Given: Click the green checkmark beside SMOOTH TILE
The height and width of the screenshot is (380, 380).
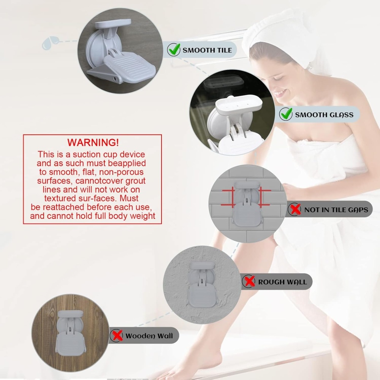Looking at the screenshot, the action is click(x=174, y=49).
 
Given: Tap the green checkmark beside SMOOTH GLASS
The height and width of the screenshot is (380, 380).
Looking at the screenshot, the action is click(x=286, y=114).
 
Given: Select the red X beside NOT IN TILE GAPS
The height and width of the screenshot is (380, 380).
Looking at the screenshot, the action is click(x=295, y=209).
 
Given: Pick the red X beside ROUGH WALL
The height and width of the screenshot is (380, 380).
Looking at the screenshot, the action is click(x=249, y=281).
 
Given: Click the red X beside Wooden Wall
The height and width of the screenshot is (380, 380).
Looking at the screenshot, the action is click(x=117, y=336).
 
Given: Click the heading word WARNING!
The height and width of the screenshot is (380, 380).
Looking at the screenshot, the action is click(x=93, y=142).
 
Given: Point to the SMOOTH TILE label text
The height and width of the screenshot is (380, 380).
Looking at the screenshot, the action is click(x=207, y=50).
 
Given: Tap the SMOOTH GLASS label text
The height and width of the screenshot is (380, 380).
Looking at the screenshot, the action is click(x=324, y=115).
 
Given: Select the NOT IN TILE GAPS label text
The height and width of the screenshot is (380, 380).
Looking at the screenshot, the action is click(x=336, y=210).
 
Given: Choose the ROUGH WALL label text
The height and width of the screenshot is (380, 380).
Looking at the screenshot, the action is click(x=283, y=282).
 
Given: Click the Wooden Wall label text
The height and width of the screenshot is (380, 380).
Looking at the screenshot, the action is click(x=149, y=336).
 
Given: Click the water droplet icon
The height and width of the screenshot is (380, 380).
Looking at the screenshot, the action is click(x=50, y=43).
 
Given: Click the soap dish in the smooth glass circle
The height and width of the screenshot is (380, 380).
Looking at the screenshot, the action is click(x=239, y=105).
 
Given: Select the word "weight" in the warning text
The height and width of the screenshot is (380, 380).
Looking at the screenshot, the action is click(x=142, y=216).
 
